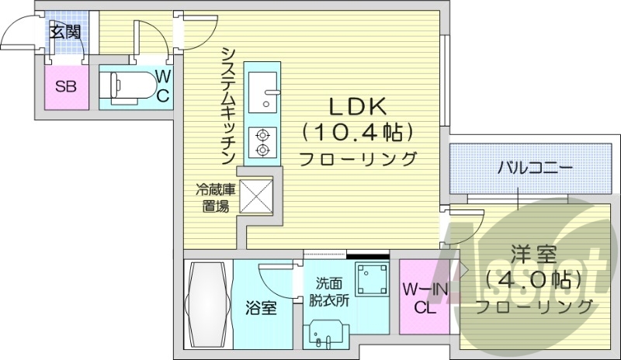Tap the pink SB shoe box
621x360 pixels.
click(x=65, y=86)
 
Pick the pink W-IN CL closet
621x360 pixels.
click(x=422, y=298)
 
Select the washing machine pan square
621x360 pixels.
click(x=371, y=280)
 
